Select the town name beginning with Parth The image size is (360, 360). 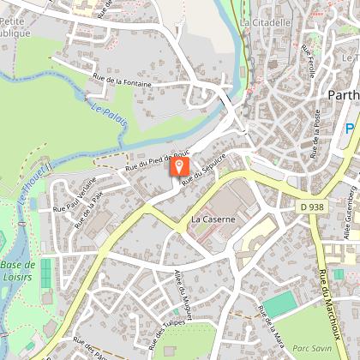tap(343, 94)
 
